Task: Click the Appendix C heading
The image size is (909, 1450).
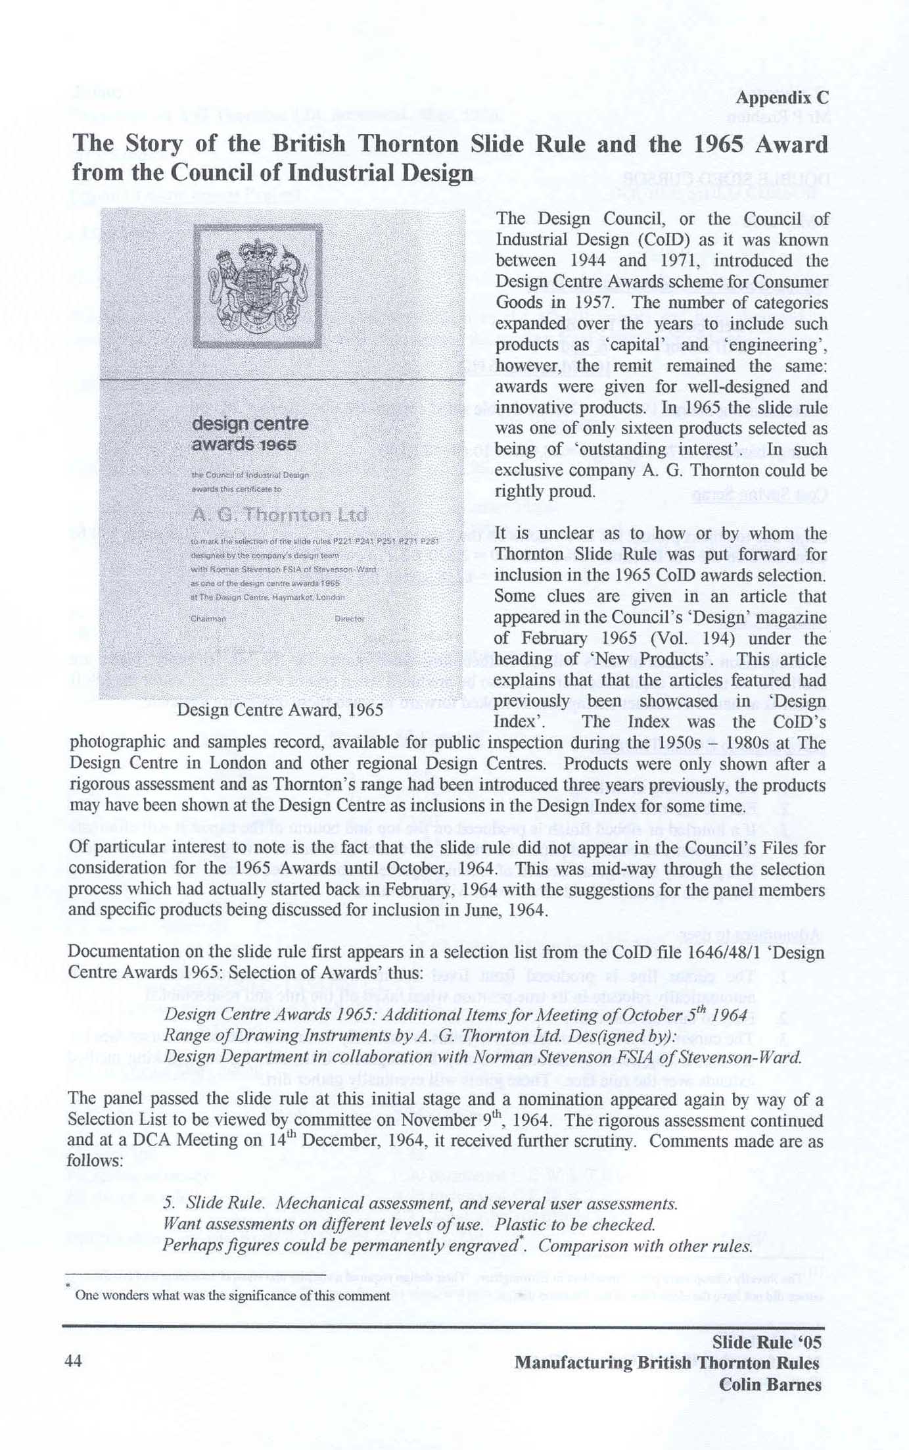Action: tap(781, 98)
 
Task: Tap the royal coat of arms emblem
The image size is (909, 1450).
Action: tap(258, 285)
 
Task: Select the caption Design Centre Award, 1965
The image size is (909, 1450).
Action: tap(280, 710)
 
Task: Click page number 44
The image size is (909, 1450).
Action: tap(74, 1361)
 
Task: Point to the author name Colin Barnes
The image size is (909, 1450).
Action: tap(770, 1384)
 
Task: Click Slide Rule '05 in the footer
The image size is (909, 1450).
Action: tap(766, 1341)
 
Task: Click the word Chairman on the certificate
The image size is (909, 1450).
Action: tap(208, 619)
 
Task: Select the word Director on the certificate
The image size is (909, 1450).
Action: tap(349, 619)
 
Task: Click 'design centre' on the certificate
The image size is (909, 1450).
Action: tap(250, 424)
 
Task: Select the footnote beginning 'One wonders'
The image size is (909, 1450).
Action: tap(233, 1295)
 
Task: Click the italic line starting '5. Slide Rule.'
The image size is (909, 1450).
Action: tap(421, 1203)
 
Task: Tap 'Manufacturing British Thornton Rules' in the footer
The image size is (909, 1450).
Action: tap(666, 1363)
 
